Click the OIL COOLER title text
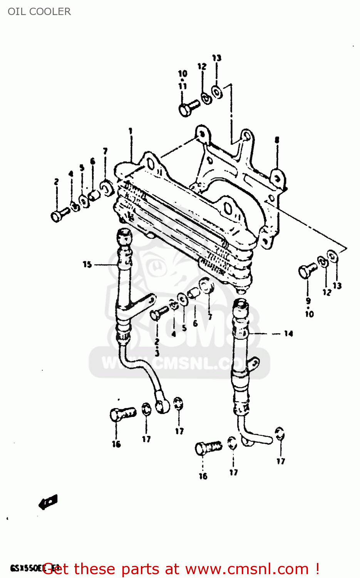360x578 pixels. click(x=39, y=12)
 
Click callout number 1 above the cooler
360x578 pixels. click(x=131, y=131)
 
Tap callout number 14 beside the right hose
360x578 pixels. click(x=288, y=334)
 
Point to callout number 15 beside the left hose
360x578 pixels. click(x=87, y=264)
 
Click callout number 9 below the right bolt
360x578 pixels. click(x=308, y=301)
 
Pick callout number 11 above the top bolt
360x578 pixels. click(x=183, y=86)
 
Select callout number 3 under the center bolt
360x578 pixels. click(x=157, y=353)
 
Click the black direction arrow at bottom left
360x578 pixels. click(x=48, y=502)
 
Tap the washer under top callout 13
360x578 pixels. click(x=217, y=92)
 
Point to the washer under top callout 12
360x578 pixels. click(x=207, y=99)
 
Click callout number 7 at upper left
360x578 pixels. click(x=105, y=151)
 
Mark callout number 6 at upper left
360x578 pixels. click(x=92, y=161)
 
